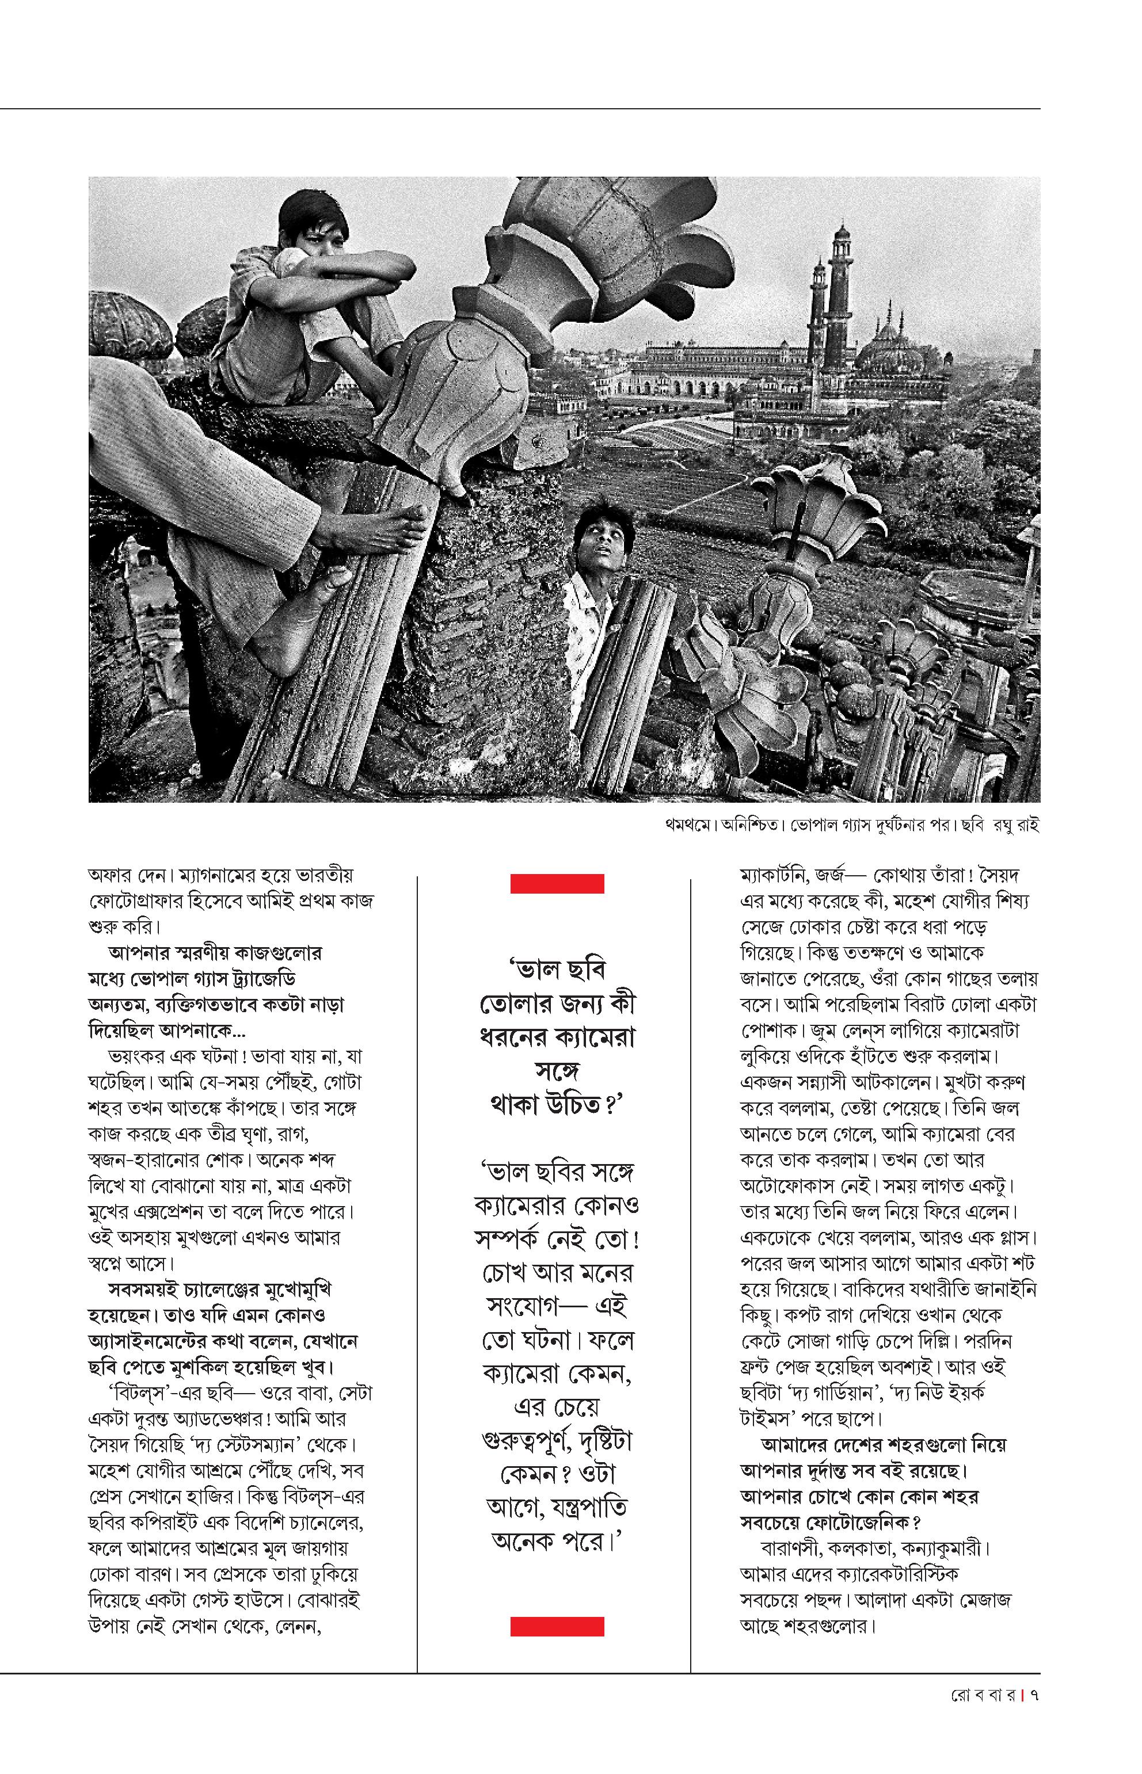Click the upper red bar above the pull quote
coord(557,884)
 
